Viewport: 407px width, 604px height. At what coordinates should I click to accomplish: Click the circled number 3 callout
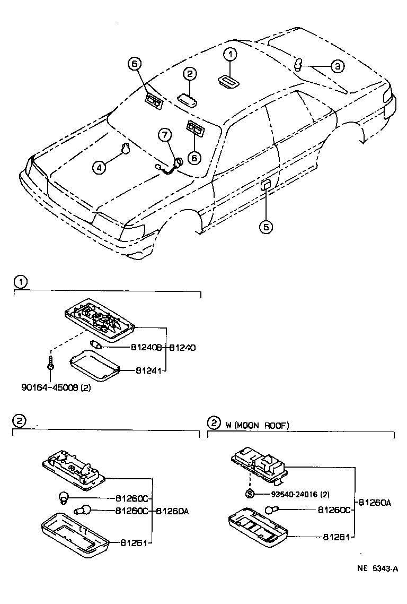[x=338, y=66]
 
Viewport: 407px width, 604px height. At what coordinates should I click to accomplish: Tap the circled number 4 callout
[x=99, y=168]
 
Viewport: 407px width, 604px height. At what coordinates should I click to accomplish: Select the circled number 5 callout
[x=266, y=227]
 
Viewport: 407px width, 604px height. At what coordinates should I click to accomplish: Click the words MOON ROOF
[x=264, y=425]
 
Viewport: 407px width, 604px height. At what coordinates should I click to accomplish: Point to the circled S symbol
[x=250, y=494]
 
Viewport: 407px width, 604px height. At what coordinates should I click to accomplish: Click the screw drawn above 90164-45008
[x=49, y=366]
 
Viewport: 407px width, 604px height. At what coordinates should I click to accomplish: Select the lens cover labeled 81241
[x=95, y=366]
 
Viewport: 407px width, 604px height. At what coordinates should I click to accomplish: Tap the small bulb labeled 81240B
[x=98, y=346]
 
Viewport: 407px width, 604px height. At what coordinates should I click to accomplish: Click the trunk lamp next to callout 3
[x=298, y=65]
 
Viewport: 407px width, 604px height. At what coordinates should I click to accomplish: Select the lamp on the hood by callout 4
[x=125, y=149]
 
